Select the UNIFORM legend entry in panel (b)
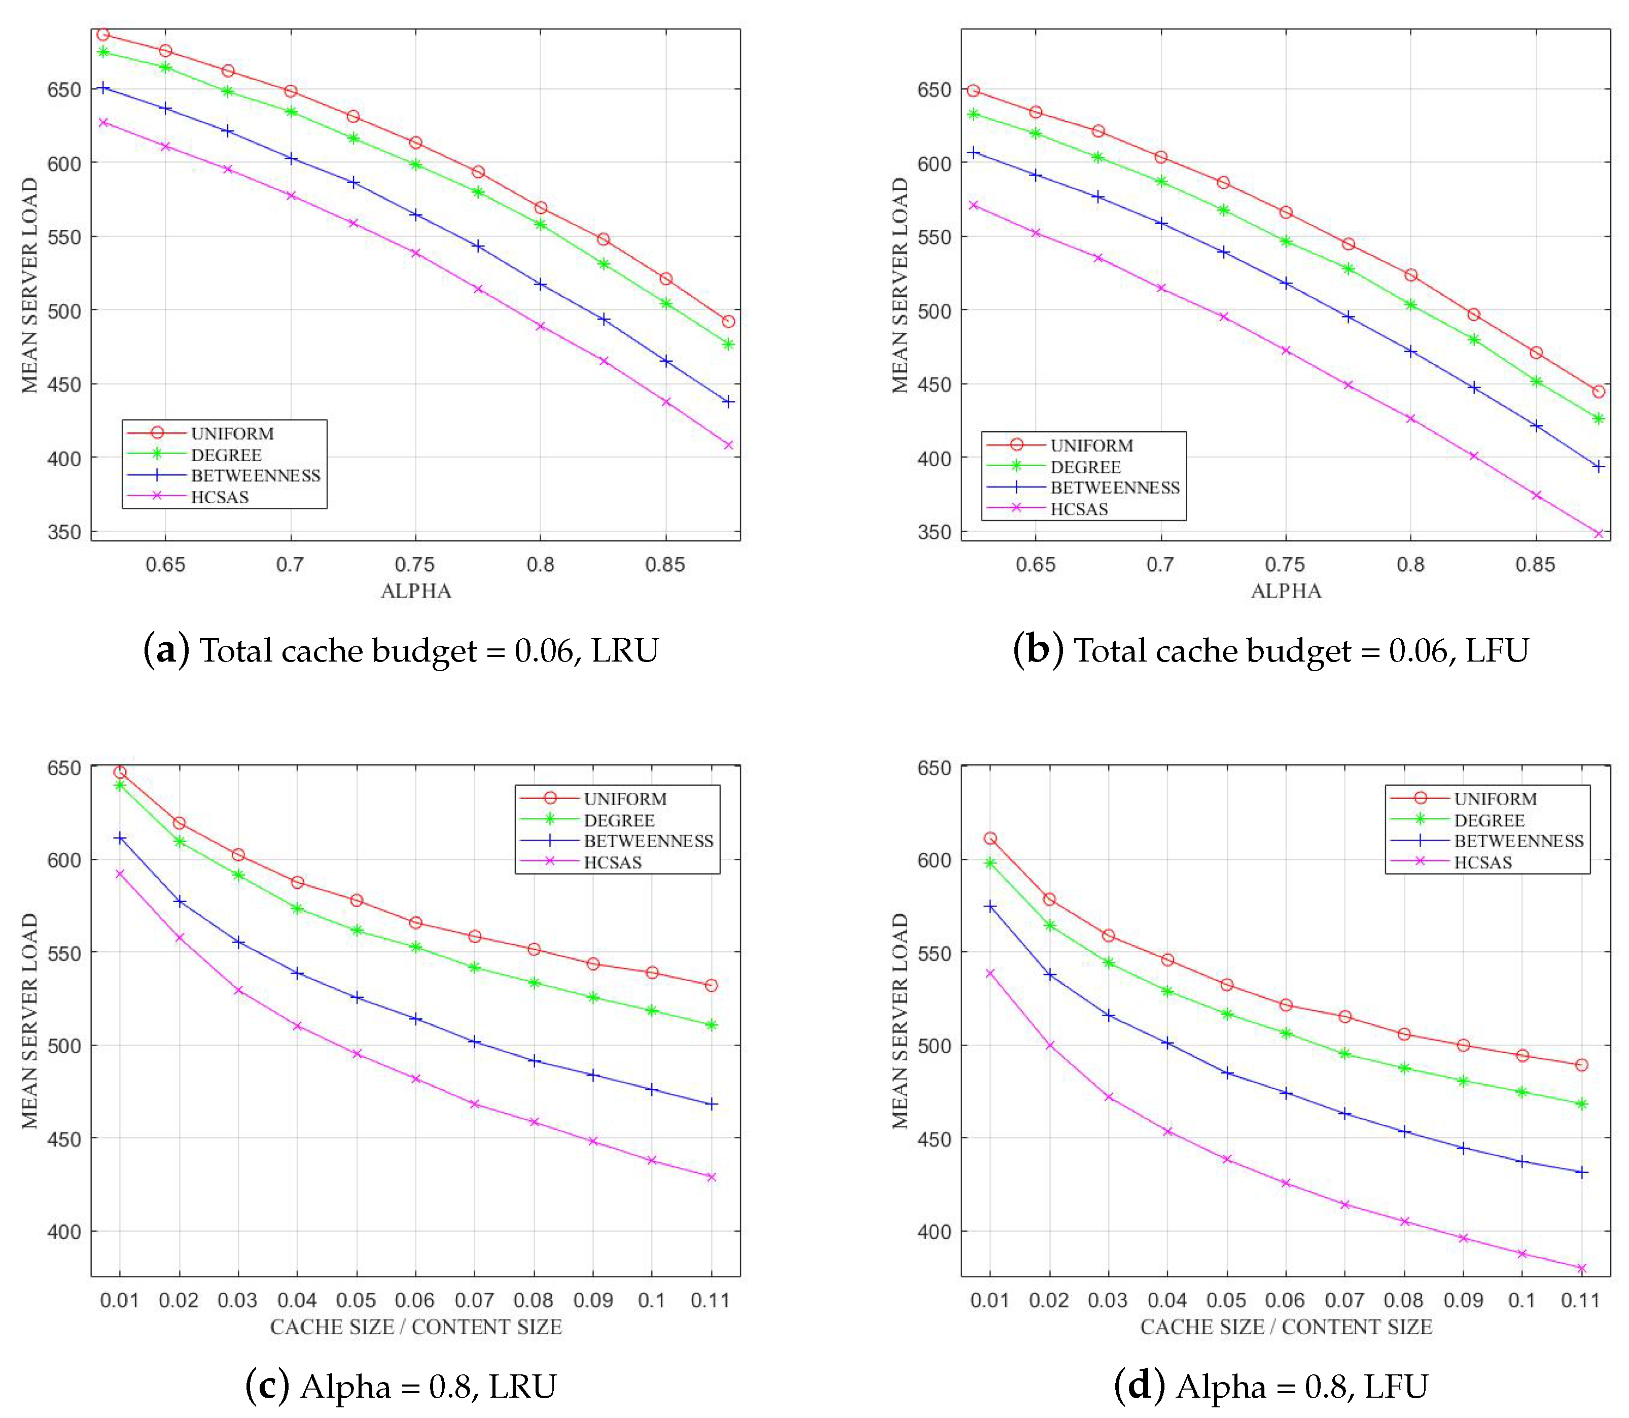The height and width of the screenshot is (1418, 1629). (1091, 445)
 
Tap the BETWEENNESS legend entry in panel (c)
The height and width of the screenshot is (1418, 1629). (648, 841)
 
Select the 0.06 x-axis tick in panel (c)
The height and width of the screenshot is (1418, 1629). (414, 1300)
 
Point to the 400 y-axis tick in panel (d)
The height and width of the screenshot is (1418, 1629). (934, 1232)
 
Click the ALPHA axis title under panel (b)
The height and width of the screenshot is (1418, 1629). (1286, 591)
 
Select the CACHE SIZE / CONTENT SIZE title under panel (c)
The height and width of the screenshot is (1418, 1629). (415, 1327)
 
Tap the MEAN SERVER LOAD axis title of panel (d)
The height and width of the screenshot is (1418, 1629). (900, 1021)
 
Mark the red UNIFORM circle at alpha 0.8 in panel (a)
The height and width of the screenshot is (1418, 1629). (540, 207)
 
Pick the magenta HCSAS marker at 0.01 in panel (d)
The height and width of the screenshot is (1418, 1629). (990, 973)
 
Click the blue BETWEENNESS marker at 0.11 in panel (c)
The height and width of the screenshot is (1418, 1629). (711, 1104)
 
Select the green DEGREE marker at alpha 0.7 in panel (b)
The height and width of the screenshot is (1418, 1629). (1160, 181)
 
